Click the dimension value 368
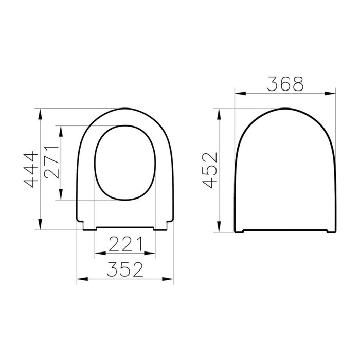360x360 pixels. (x=286, y=84)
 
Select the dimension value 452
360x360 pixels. (x=210, y=170)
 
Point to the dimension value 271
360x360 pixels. (x=51, y=162)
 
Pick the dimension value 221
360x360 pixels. (x=126, y=243)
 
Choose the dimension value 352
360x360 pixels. (x=126, y=270)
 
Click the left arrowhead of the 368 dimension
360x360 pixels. (x=238, y=94)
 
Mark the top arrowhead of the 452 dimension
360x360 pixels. (x=221, y=112)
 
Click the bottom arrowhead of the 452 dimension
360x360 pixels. (x=221, y=229)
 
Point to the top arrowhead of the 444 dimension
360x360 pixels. (x=40, y=112)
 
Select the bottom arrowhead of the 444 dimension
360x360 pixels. (x=40, y=227)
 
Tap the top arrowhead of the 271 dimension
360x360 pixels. (x=62, y=129)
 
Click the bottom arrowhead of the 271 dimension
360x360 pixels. (x=62, y=197)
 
